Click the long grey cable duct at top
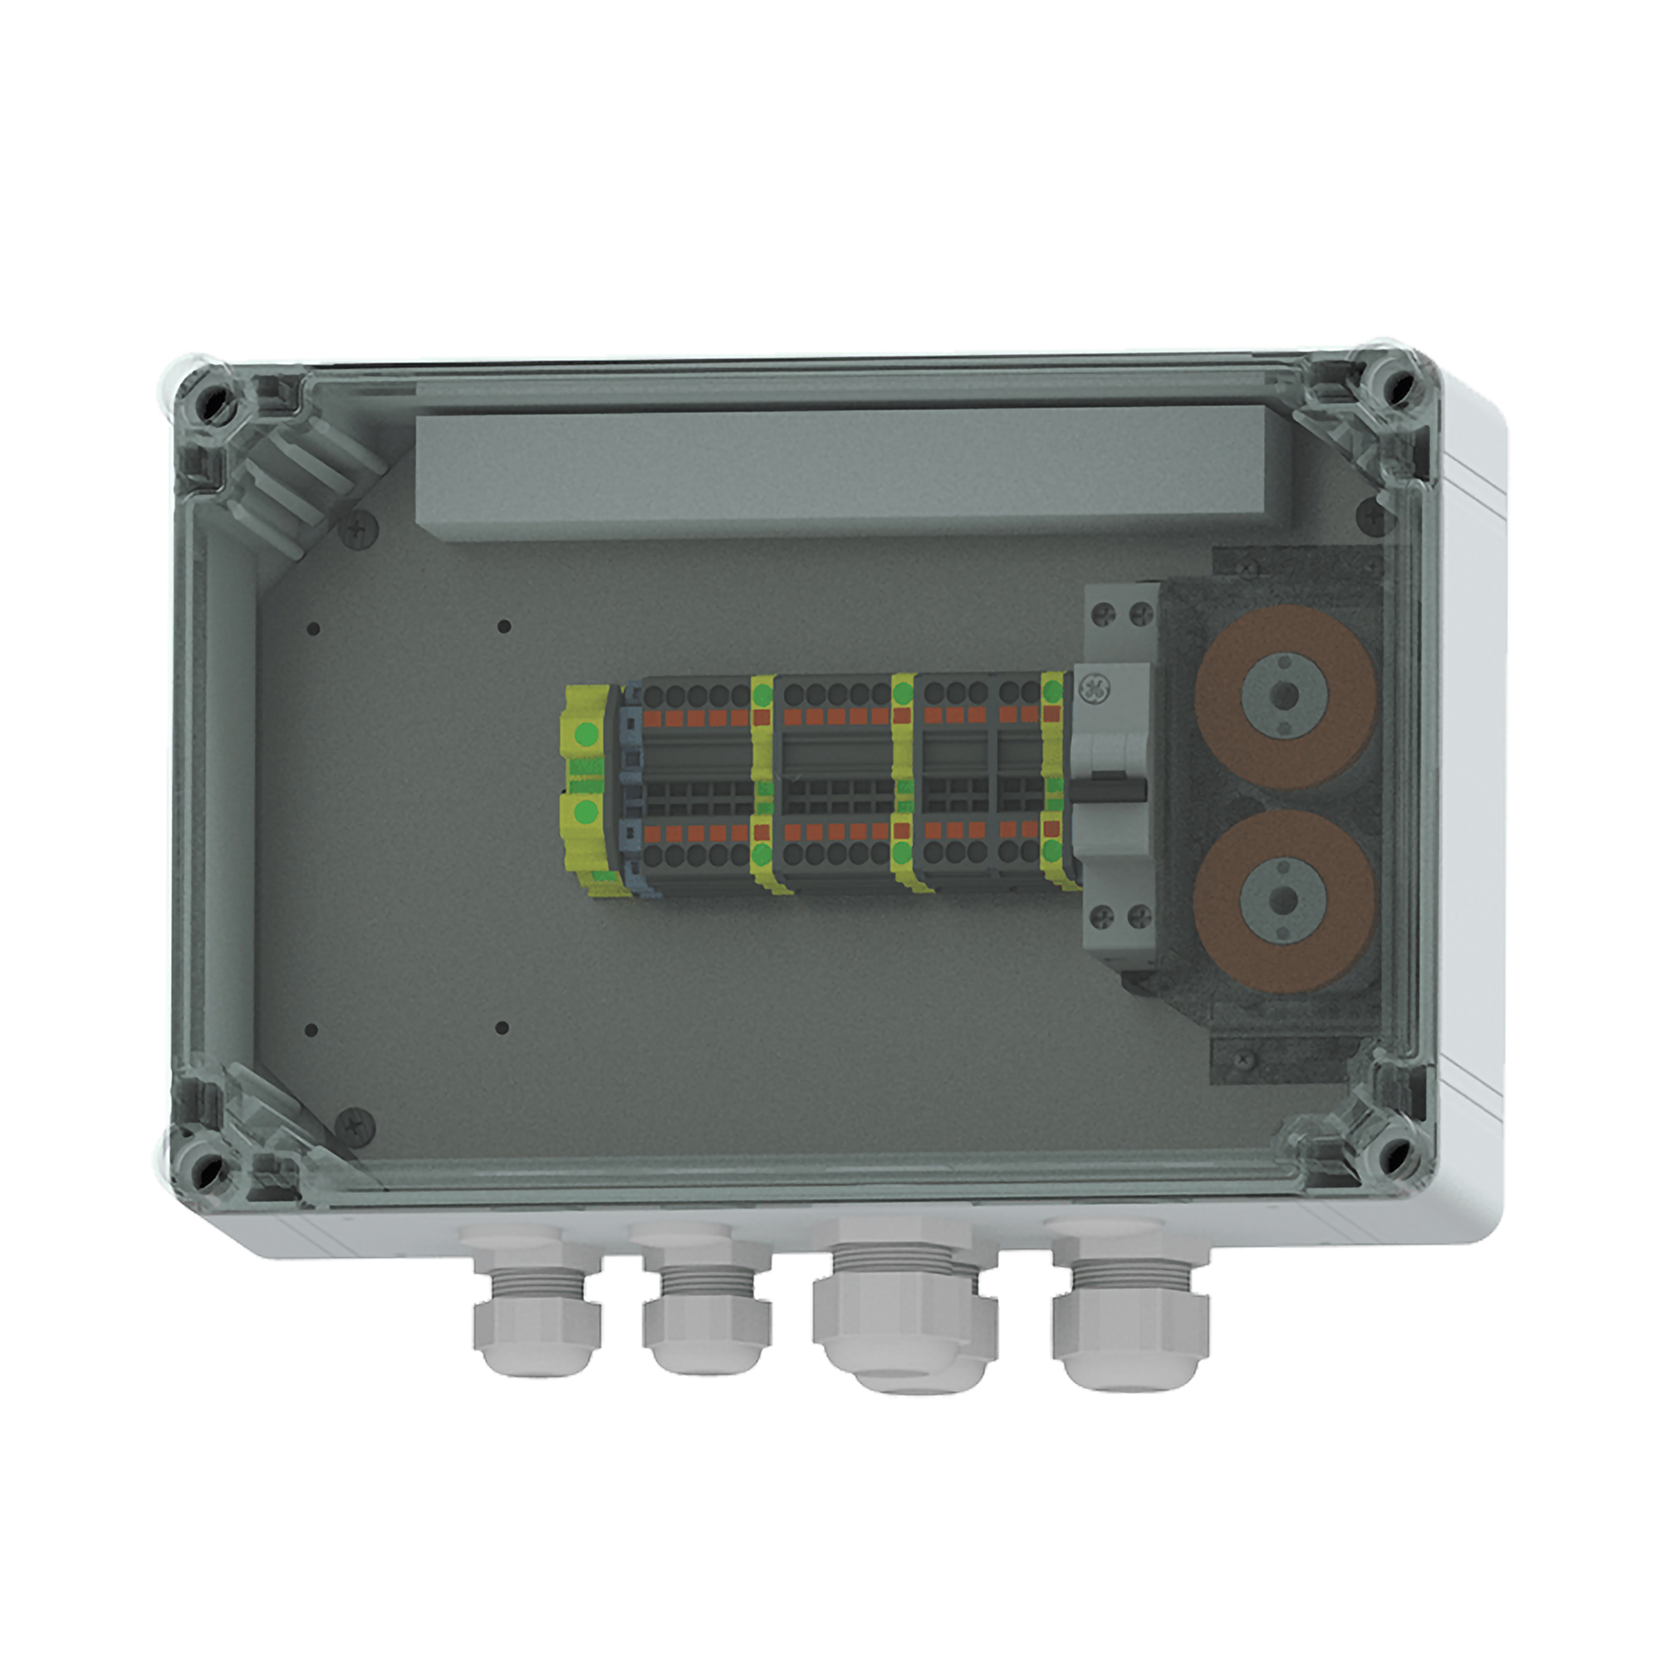click(x=851, y=474)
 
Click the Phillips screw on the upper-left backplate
click(x=360, y=529)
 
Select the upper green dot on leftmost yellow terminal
click(x=585, y=735)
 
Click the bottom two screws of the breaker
click(x=1120, y=915)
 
